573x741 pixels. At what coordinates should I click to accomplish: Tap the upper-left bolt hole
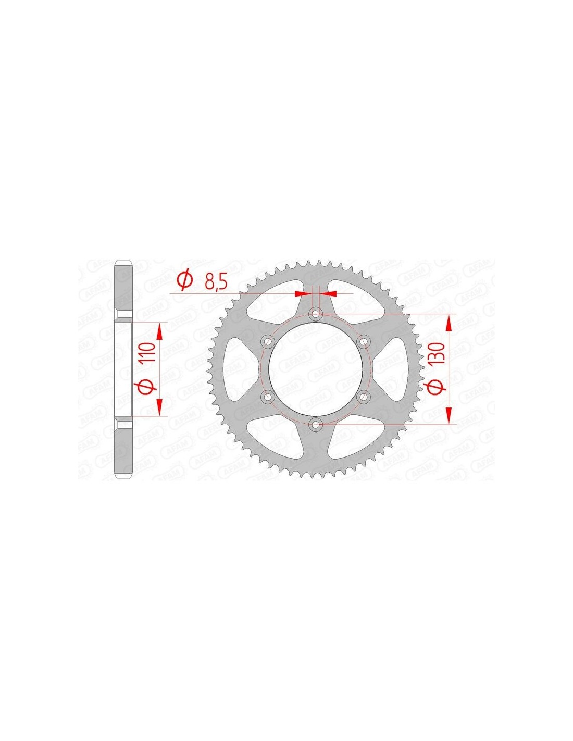point(268,341)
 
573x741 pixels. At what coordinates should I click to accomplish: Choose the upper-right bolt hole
point(364,341)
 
